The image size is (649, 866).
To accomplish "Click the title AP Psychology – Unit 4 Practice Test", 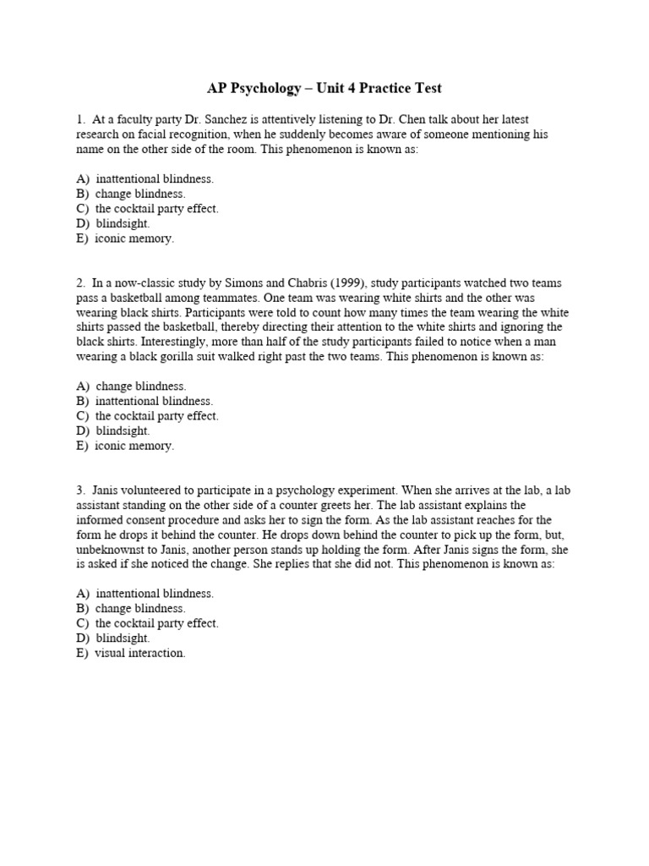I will [324, 88].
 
